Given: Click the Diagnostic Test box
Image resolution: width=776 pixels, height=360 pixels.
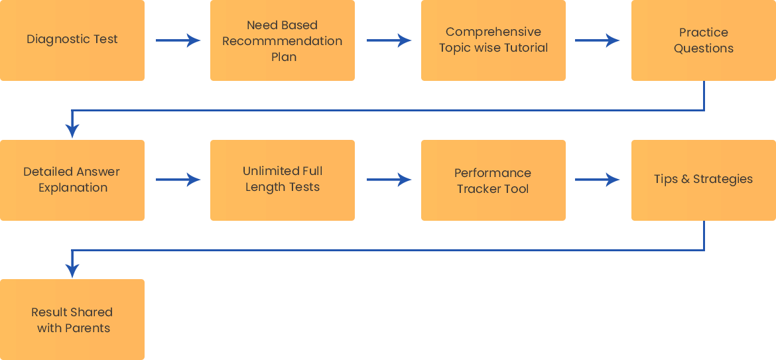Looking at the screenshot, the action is pos(72,40).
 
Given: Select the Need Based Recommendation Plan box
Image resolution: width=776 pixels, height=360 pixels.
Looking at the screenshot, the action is pos(283,40).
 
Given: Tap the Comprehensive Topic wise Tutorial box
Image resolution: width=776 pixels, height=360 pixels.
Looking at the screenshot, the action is pos(493,40).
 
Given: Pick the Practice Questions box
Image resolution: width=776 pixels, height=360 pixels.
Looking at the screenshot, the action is pos(704,40).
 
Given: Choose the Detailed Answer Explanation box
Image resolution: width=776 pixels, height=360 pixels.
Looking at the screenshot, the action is pos(72,180).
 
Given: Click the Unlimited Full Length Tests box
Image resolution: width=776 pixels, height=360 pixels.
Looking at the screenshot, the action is pos(283,180).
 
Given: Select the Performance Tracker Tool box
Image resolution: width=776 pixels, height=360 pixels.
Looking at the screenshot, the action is pos(493,180).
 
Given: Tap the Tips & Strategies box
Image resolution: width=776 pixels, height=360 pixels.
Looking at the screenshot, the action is pos(704,180).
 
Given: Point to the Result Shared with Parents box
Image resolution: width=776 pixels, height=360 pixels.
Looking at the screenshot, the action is pos(72,320).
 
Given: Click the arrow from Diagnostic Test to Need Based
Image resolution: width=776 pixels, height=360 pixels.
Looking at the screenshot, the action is pos(178,40).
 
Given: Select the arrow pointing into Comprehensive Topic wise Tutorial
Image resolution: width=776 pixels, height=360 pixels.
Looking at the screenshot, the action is pos(389,40).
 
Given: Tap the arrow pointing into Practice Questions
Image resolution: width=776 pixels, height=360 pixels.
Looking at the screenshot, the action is pos(598,40).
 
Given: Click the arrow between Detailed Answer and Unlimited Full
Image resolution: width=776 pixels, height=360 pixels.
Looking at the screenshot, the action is pos(178,180).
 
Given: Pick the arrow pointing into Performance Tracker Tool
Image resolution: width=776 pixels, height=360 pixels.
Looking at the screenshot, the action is pos(389,180).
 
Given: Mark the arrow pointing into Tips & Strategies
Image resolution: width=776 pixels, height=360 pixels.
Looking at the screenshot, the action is pos(598,180).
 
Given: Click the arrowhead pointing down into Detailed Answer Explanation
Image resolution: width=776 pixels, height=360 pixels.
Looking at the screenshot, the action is pos(73,131).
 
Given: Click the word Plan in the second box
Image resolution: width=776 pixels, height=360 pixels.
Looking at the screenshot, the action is pos(284,57).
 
